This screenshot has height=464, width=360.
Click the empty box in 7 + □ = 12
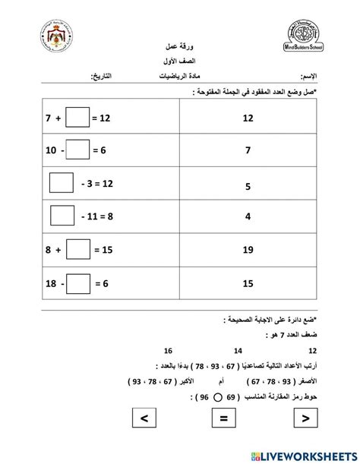tap(77, 118)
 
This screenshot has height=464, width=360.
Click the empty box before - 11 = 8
tap(62, 216)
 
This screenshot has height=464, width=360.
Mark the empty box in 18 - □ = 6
tap(77, 281)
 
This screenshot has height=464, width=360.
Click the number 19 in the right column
tap(247, 250)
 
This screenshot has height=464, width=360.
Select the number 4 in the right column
tap(247, 216)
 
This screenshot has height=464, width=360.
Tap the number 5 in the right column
tap(247, 185)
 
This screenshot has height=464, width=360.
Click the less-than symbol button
tap(144, 417)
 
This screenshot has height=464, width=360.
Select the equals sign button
tap(224, 417)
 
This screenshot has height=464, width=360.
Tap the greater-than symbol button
tap(304, 417)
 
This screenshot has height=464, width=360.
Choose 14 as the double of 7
tap(238, 351)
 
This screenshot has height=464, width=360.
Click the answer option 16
tap(166, 351)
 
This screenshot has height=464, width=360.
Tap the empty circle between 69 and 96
tap(217, 396)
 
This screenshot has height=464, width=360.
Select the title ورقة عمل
tap(180, 46)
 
